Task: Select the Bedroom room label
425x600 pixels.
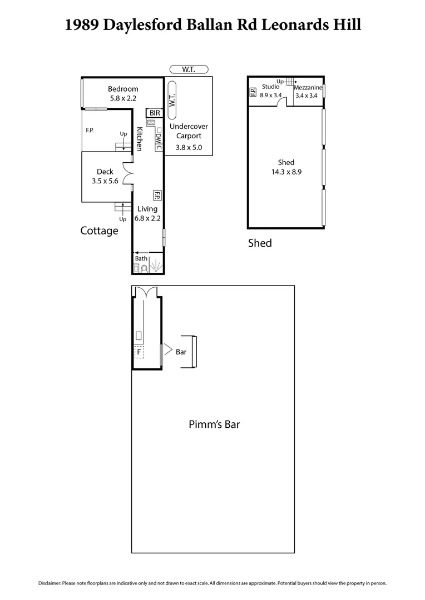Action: tap(123, 89)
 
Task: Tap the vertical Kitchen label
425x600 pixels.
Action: tap(140, 139)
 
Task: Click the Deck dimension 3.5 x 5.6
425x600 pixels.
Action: tap(105, 181)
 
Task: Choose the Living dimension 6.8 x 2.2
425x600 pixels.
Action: tap(147, 218)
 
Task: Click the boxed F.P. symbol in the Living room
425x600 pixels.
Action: tap(157, 196)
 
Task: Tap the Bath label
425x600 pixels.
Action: tap(141, 258)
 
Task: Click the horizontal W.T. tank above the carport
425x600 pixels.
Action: tap(189, 69)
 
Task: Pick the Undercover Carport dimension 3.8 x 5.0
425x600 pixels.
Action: tap(189, 148)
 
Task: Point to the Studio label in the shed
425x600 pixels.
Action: tap(271, 87)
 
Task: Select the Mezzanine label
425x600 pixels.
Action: tap(308, 88)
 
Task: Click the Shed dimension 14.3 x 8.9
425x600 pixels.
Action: tap(286, 172)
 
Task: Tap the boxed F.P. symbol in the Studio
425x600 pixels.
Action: tap(253, 92)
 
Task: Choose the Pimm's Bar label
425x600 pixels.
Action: tap(215, 424)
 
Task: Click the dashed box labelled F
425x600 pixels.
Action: tap(139, 352)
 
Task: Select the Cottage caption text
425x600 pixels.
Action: tap(99, 231)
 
